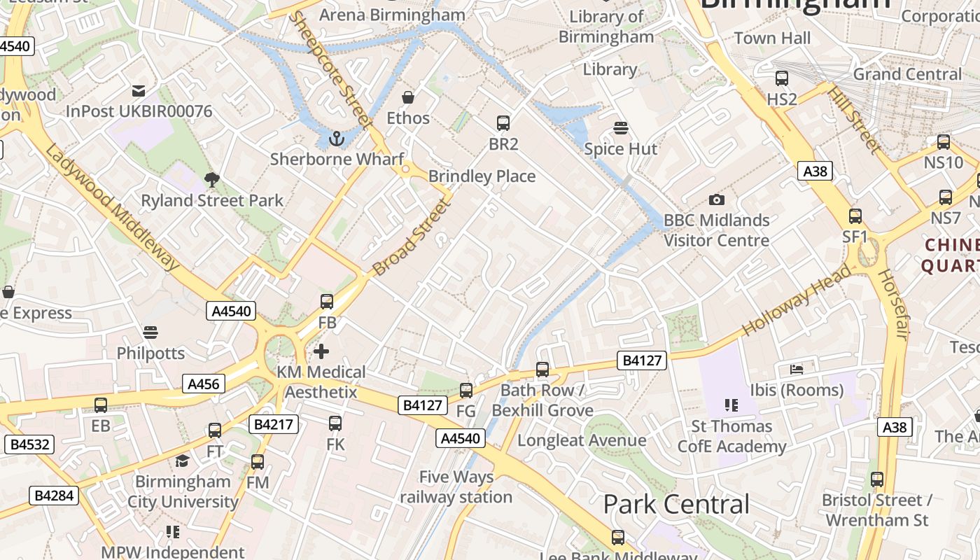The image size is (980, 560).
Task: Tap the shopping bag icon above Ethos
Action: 408,97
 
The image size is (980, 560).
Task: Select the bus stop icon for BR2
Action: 503,123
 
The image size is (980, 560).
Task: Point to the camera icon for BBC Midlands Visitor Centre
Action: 716,200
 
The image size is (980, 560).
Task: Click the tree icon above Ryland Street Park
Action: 212,180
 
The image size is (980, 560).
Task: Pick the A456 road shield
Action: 204,384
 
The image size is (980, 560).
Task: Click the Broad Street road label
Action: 409,237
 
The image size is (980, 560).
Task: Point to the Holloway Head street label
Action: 797,299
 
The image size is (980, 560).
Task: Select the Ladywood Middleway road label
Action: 113,206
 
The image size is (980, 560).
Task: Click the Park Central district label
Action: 675,504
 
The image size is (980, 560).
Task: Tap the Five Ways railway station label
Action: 456,487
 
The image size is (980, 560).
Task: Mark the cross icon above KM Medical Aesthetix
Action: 321,351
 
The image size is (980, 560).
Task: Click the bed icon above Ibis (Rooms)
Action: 797,369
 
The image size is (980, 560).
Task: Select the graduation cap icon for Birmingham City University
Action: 183,461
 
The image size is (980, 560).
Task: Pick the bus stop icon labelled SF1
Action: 855,216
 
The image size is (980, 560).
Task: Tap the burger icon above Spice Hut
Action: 621,128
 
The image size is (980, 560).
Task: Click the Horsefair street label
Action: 891,304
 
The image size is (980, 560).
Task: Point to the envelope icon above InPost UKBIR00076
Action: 139,91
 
